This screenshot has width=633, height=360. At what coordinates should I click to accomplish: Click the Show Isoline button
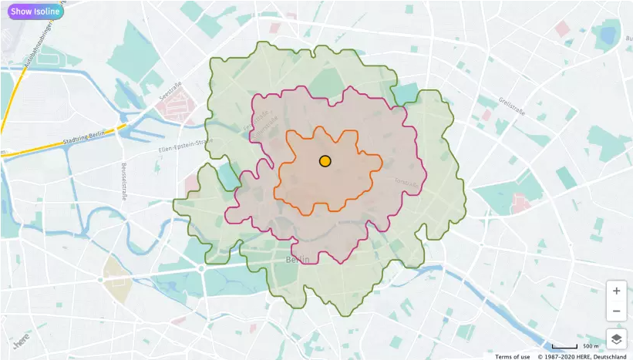point(35,12)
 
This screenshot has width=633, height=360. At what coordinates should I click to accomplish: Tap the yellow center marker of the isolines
point(325,161)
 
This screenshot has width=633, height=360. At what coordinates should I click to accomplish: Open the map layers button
point(616,338)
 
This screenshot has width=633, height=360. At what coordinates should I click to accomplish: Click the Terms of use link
point(512,356)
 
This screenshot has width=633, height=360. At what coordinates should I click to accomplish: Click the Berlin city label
point(298,260)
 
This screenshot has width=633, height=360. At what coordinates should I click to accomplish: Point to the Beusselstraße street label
point(123,182)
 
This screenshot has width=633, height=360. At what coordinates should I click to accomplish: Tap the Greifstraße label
point(511,106)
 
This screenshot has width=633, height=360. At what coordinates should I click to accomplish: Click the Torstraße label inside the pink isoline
point(407,183)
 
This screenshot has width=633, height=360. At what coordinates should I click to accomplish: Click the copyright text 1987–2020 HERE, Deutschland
point(582,356)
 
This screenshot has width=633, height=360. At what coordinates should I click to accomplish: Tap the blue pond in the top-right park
point(608,35)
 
